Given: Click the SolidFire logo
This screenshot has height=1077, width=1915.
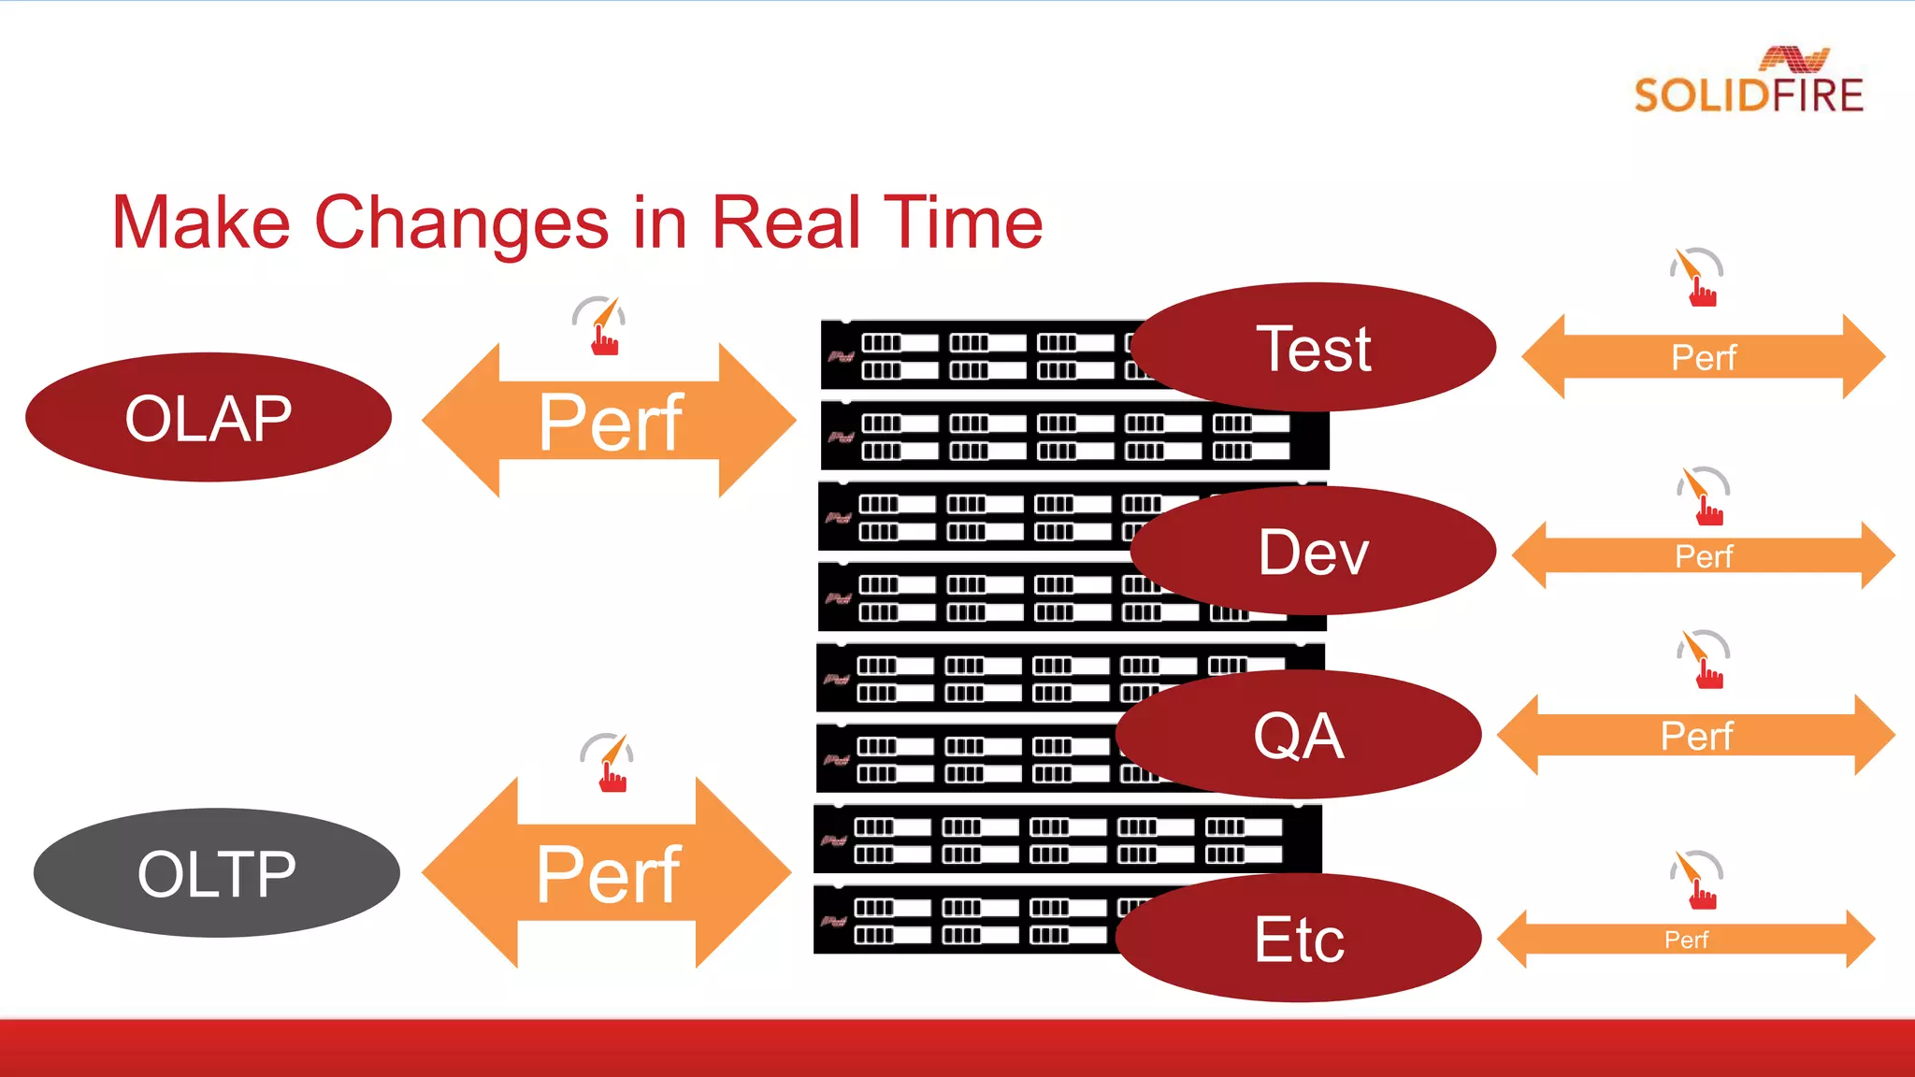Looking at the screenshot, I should (x=1749, y=82).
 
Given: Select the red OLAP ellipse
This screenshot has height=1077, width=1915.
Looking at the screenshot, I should (x=208, y=418).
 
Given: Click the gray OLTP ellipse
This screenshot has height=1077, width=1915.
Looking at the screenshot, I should (x=216, y=873).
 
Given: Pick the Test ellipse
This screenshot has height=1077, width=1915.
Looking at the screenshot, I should (x=1313, y=349).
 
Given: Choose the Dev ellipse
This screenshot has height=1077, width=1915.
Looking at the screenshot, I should (x=1313, y=552).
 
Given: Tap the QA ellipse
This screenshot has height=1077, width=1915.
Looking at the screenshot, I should (x=1299, y=735).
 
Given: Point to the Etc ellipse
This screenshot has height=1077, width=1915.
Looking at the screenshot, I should (x=1299, y=939).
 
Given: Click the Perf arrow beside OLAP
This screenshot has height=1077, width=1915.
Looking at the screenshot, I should (x=609, y=422).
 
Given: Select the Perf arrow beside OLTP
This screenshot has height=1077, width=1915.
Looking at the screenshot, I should (x=607, y=873).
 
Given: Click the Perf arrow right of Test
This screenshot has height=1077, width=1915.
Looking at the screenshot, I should (x=1703, y=357).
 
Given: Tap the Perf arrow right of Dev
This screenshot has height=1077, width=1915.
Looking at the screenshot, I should (x=1703, y=556).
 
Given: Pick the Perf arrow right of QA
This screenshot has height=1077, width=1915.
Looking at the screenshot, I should (x=1695, y=736).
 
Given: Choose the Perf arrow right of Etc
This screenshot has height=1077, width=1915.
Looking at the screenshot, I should (x=1686, y=939).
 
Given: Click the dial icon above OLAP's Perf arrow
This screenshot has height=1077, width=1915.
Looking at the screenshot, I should (x=599, y=325).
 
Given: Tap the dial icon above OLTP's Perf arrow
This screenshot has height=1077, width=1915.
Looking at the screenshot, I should (x=607, y=762).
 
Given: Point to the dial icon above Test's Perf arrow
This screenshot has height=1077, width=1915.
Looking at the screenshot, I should (x=1696, y=277).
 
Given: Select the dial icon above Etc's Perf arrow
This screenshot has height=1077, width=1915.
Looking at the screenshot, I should (x=1696, y=880).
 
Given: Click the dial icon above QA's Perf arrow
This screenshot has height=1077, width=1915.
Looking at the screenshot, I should (x=1703, y=659).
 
